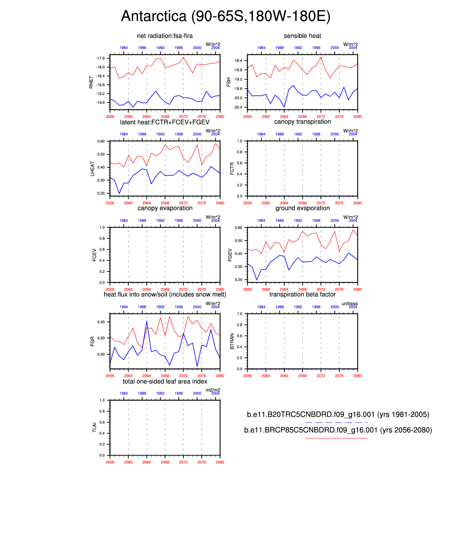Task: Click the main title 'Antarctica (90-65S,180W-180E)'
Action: click(225, 16)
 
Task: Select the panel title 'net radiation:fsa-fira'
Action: click(165, 36)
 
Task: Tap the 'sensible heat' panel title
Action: click(302, 36)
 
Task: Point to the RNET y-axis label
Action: click(91, 82)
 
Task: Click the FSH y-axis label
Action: click(229, 82)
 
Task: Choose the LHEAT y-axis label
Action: click(92, 168)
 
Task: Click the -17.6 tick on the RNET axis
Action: click(100, 58)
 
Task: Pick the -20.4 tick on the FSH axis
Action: click(238, 107)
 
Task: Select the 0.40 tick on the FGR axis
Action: click(101, 322)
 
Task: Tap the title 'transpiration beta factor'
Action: click(302, 294)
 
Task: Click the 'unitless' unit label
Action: click(349, 304)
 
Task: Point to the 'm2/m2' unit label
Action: click(213, 390)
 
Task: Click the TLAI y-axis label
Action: click(94, 427)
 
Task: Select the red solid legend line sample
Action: click(336, 438)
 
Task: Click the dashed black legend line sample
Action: click(336, 422)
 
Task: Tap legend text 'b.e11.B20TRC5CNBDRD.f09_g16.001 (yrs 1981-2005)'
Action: click(338, 414)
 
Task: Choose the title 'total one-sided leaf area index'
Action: click(165, 381)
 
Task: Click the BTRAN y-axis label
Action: click(232, 341)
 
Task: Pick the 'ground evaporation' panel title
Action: click(302, 208)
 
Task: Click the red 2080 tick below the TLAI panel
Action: click(220, 462)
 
